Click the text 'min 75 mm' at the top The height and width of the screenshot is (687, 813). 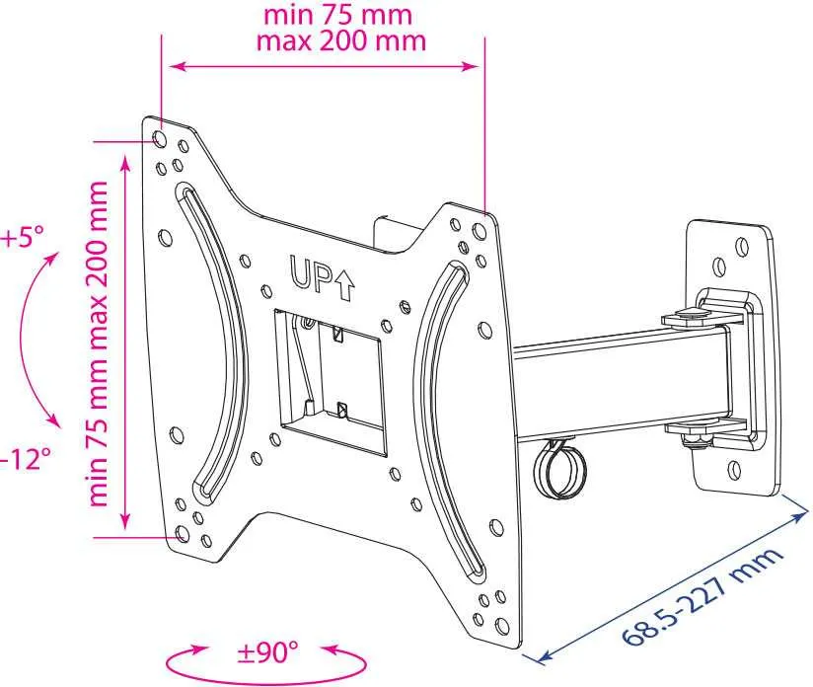point(337,15)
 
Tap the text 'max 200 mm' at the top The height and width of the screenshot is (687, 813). point(341,40)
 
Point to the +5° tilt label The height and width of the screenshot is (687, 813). point(23,238)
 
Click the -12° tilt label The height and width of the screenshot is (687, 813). point(25,459)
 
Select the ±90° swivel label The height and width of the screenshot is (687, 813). point(267,651)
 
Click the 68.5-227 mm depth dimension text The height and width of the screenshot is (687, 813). point(702,597)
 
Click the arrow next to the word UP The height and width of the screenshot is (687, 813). point(344,286)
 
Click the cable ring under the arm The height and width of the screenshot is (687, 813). point(560,470)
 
